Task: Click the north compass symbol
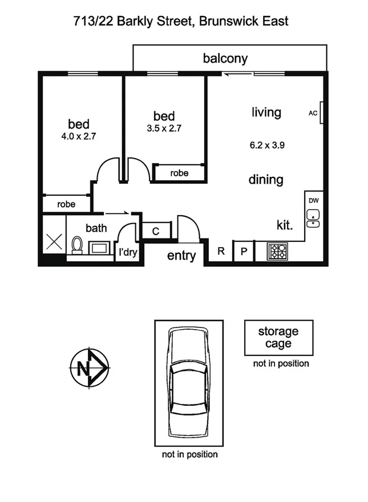click(88, 367)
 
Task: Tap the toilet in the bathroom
click(77, 246)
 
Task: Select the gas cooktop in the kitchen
click(279, 251)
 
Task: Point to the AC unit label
click(313, 114)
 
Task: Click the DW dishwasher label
click(313, 200)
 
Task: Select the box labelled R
click(221, 252)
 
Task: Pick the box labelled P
click(244, 252)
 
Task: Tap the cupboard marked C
click(156, 231)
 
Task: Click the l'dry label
click(128, 252)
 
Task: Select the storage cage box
click(278, 337)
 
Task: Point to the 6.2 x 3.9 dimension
click(267, 145)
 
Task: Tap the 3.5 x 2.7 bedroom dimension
click(164, 128)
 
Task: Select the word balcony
click(225, 58)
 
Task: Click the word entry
click(181, 256)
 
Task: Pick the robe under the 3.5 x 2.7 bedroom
click(179, 173)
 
